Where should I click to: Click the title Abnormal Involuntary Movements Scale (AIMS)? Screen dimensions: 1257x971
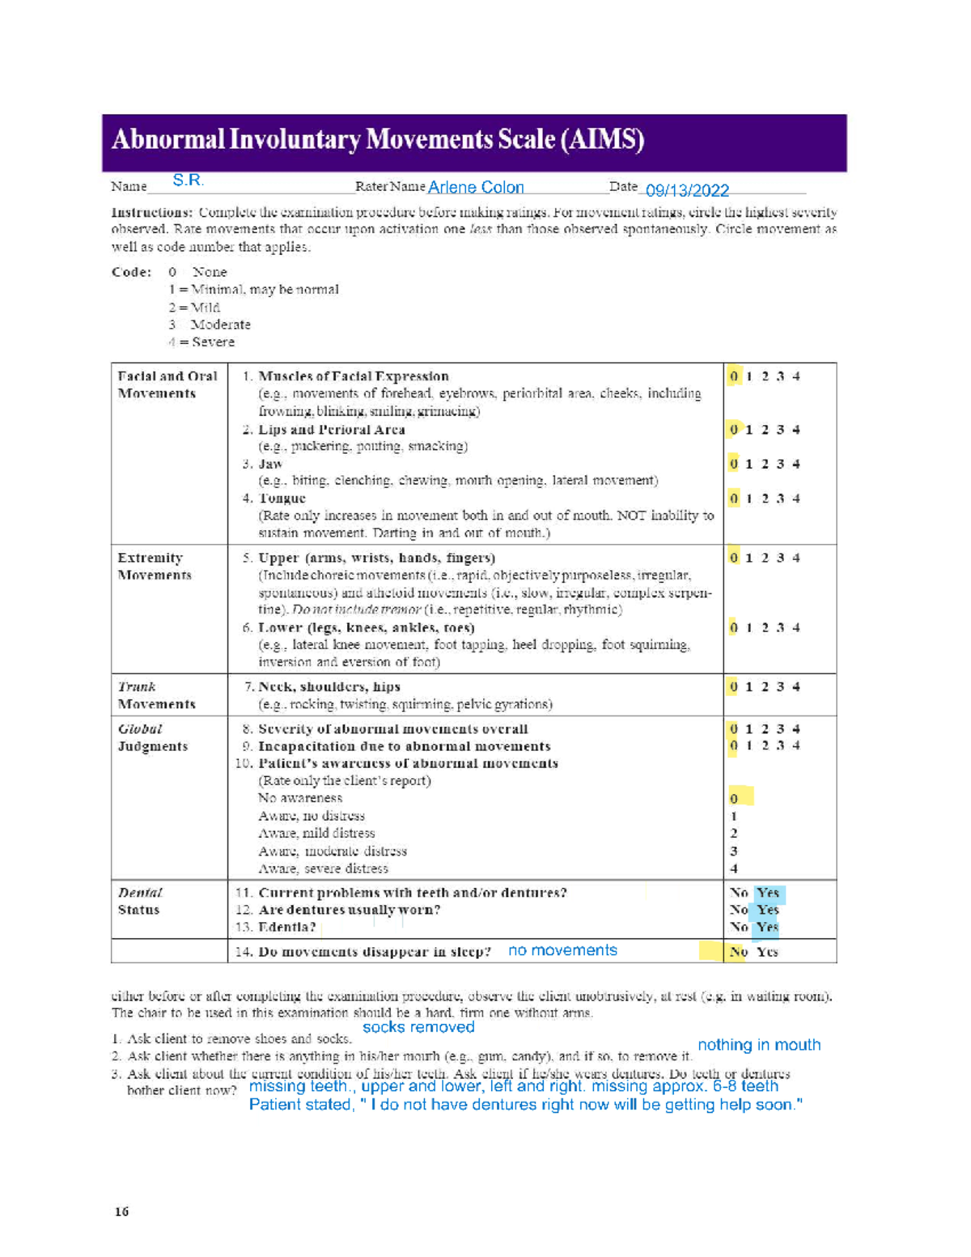[x=378, y=140]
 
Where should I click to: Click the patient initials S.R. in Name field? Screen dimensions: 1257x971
[x=188, y=180]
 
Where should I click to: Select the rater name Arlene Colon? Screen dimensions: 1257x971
[x=476, y=188]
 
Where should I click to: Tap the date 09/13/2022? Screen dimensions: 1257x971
[x=687, y=190]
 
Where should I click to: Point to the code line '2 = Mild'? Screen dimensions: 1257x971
[x=194, y=308]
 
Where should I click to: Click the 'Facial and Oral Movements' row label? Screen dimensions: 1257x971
[x=167, y=384]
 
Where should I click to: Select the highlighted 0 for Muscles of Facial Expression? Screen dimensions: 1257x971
[x=734, y=376]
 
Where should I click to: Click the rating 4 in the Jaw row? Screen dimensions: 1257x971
[x=796, y=465]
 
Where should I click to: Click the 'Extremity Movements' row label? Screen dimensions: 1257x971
[x=155, y=567]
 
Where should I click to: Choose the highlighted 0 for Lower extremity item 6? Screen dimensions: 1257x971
[x=734, y=628]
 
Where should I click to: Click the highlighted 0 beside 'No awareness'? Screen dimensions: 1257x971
[x=735, y=799]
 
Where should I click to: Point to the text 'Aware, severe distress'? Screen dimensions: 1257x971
[x=323, y=868]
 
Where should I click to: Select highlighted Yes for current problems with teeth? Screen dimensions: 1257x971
[x=768, y=893]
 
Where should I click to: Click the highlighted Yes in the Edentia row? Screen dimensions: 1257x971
[x=767, y=928]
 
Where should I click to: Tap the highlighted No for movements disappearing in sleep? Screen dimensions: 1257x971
[x=738, y=952]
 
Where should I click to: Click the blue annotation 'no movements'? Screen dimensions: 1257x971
[x=562, y=950]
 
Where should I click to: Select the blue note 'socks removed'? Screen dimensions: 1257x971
[x=418, y=1027]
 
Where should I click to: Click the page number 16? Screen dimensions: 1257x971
[x=121, y=1212]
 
